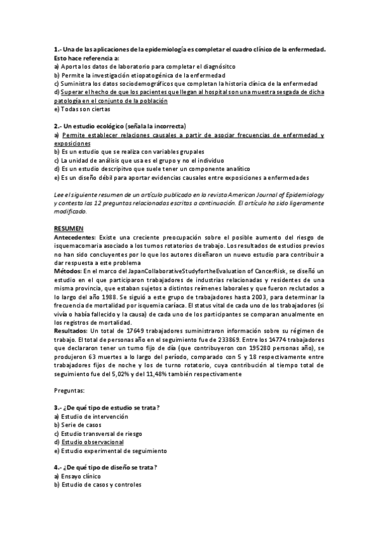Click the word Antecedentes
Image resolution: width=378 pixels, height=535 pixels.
pyautogui.click(x=73, y=235)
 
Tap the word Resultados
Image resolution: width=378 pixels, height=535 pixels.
pyautogui.click(x=71, y=331)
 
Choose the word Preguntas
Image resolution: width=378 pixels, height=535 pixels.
pyautogui.click(x=70, y=392)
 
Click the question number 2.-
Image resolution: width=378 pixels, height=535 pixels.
pyautogui.click(x=57, y=126)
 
